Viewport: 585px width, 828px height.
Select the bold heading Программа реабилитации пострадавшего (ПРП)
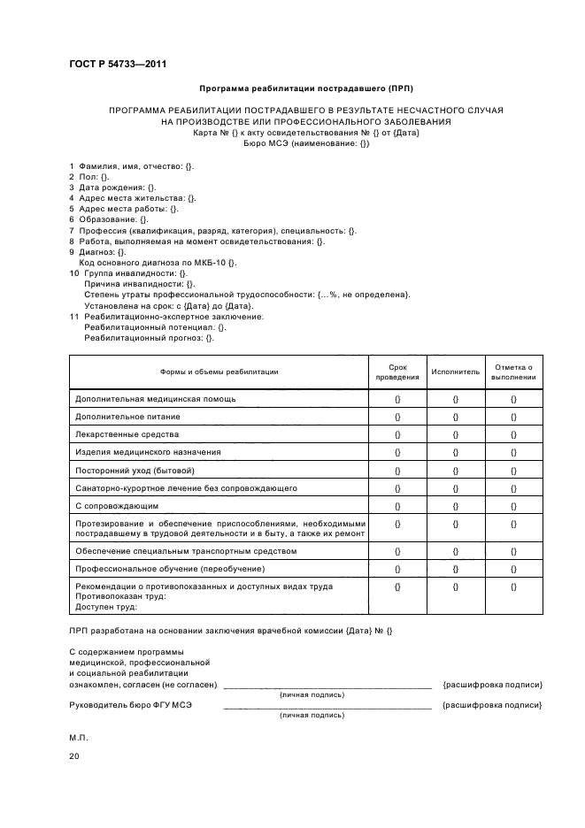pyautogui.click(x=306, y=88)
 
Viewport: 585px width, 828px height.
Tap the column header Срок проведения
pyautogui.click(x=397, y=371)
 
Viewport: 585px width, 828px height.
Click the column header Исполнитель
pyautogui.click(x=455, y=372)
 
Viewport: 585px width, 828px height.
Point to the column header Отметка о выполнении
pyautogui.click(x=513, y=371)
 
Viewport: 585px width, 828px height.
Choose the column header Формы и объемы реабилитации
pyautogui.click(x=219, y=372)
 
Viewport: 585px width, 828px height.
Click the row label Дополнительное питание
pyautogui.click(x=128, y=416)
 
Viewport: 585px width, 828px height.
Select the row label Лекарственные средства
pyautogui.click(x=127, y=433)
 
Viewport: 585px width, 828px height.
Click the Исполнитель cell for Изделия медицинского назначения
pyautogui.click(x=455, y=452)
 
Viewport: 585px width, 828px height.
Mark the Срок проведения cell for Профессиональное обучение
pyautogui.click(x=397, y=568)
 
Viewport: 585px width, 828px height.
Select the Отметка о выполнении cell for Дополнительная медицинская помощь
pyautogui.click(x=513, y=398)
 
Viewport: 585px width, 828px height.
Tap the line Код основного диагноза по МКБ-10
pyautogui.click(x=158, y=263)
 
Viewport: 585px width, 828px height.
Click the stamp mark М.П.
pyautogui.click(x=78, y=737)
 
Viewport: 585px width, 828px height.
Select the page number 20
pyautogui.click(x=74, y=756)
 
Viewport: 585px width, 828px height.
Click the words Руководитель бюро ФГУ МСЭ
pyautogui.click(x=130, y=704)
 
